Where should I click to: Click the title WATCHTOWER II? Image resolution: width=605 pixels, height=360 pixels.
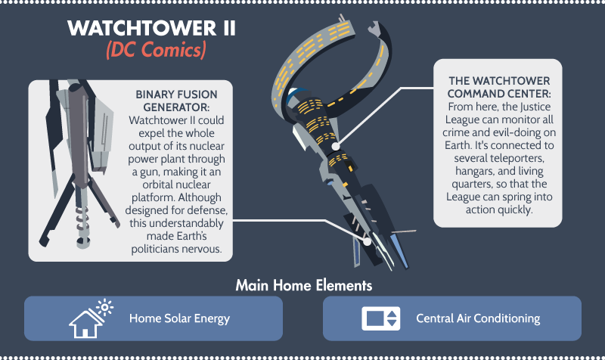coord(151,28)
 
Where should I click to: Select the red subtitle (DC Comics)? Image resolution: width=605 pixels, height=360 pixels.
coord(156,50)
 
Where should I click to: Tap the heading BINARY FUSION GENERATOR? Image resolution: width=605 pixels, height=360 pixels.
coord(176,101)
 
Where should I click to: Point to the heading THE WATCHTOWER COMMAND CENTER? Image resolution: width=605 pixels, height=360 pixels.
coord(499,87)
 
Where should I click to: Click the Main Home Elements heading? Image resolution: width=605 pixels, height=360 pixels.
coord(304,286)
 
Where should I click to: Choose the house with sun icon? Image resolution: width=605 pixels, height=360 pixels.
coord(91,318)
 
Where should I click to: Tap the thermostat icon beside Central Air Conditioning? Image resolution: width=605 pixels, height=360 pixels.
coord(381,318)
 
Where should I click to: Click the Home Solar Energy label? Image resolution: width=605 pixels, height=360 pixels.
coord(179,318)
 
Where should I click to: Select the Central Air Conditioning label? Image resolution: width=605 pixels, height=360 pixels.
coord(478,318)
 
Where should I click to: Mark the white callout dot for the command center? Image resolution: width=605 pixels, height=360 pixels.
coord(336,147)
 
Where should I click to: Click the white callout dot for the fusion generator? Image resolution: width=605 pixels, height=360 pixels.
coord(368,241)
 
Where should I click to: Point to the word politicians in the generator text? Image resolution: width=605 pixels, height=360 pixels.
coord(154,250)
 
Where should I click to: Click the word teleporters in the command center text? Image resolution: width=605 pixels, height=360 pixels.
coord(520,158)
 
